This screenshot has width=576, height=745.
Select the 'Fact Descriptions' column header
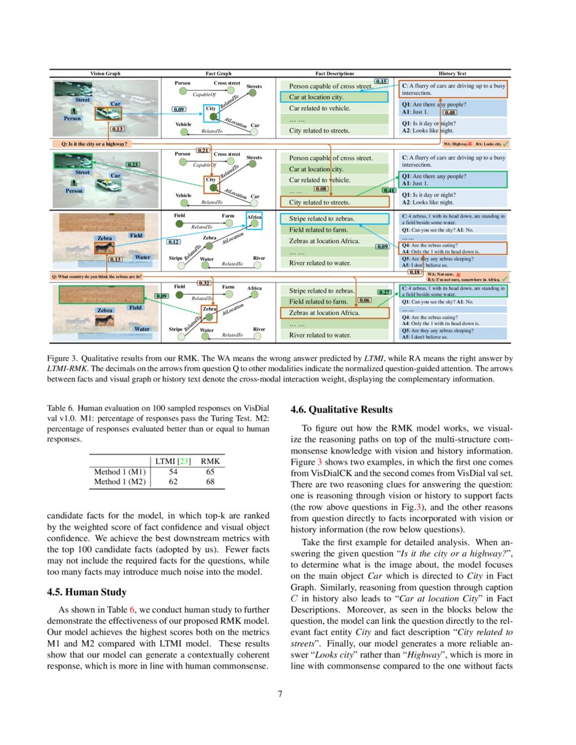pyautogui.click(x=335, y=73)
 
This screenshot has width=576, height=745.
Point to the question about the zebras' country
pyautogui.click(x=96, y=276)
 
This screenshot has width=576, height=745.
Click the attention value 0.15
pyautogui.click(x=381, y=81)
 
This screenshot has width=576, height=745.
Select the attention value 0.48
pyautogui.click(x=449, y=112)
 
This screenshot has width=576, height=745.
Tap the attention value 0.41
pyautogui.click(x=390, y=190)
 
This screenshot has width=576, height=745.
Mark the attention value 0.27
pyautogui.click(x=384, y=292)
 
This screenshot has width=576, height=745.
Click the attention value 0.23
pyautogui.click(x=133, y=165)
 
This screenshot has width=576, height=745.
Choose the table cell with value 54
pyautogui.click(x=173, y=471)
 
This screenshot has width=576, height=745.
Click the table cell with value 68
pyautogui.click(x=211, y=482)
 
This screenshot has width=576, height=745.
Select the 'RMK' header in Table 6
pyautogui.click(x=211, y=460)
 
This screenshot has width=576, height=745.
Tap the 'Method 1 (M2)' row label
pyautogui.click(x=119, y=482)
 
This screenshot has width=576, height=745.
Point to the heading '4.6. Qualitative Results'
pyautogui.click(x=341, y=410)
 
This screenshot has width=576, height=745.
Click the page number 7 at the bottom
pyautogui.click(x=288, y=694)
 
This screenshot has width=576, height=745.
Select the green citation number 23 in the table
pyautogui.click(x=184, y=460)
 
